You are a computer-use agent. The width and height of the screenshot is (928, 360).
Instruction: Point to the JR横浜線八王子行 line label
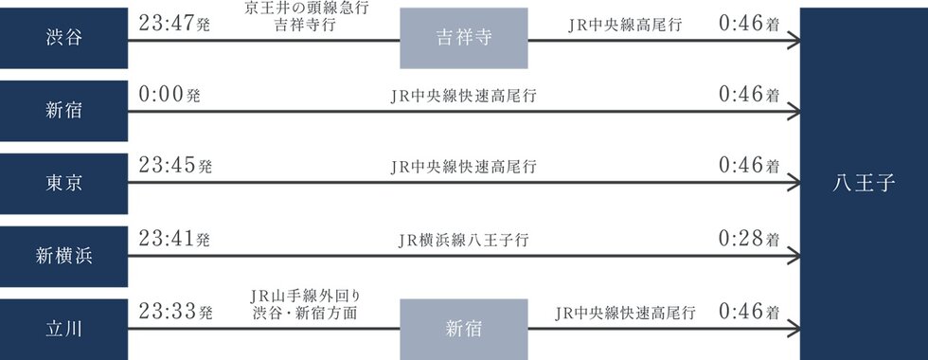click(x=463, y=240)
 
